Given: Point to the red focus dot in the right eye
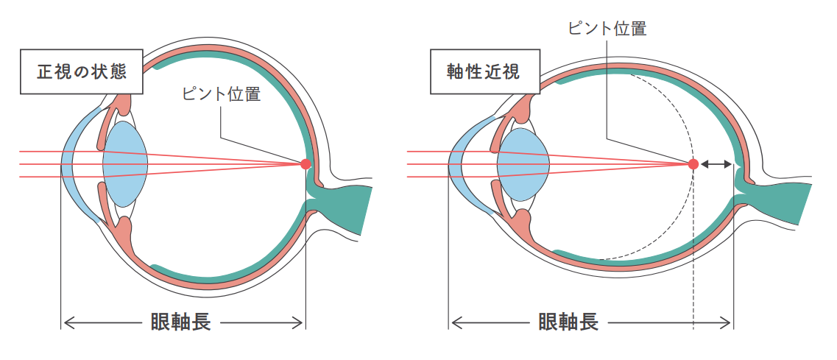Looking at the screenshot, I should click(x=693, y=164).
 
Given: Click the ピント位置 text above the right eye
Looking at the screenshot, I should click(x=607, y=29).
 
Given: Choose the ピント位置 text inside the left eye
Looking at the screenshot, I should click(x=221, y=94).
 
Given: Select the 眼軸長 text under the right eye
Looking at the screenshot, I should click(x=568, y=322).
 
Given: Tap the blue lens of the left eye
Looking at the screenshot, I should click(x=125, y=164).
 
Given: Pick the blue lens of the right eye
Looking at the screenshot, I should click(x=523, y=164).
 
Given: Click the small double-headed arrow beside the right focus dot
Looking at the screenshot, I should click(x=716, y=164).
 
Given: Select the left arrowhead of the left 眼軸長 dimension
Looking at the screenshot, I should click(x=66, y=322).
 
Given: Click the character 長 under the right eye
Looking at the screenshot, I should click(x=587, y=322).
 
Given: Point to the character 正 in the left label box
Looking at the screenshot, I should click(x=46, y=71).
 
